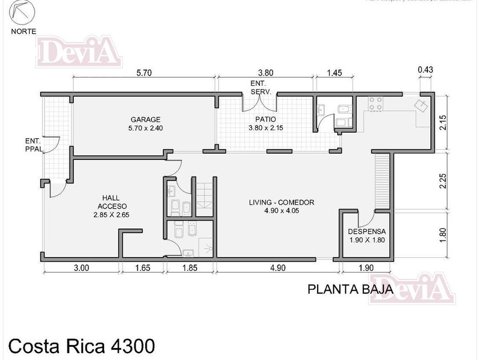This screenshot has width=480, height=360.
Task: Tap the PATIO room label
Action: pyautogui.click(x=266, y=124)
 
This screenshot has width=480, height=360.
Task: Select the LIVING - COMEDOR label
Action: pyautogui.click(x=282, y=206)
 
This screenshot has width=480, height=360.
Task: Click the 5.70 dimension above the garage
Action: pyautogui.click(x=143, y=73)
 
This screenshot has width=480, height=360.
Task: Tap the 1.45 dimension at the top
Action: pyautogui.click(x=334, y=73)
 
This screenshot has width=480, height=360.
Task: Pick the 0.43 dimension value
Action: pyautogui.click(x=425, y=70)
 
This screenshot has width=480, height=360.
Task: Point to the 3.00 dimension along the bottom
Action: pyautogui.click(x=80, y=268)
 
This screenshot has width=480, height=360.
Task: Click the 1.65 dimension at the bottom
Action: pyautogui.click(x=142, y=268)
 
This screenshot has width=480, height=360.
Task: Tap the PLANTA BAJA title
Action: pyautogui.click(x=350, y=289)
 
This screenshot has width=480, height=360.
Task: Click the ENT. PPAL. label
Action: pyautogui.click(x=33, y=146)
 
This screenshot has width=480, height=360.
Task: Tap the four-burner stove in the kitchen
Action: pyautogui.click(x=375, y=103)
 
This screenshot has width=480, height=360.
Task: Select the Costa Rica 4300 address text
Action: pyautogui.click(x=81, y=346)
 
